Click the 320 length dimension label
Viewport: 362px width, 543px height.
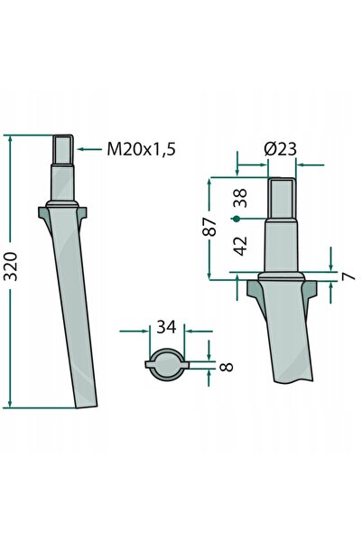tap(11, 266)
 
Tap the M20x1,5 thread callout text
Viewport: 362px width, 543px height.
tap(141, 149)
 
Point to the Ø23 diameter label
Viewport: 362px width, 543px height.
tap(281, 149)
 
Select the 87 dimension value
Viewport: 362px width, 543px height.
tap(209, 227)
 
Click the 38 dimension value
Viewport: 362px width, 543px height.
tap(240, 198)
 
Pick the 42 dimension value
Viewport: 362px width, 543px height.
tap(241, 246)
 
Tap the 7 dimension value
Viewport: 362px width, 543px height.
tap(348, 276)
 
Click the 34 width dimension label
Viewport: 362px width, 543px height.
tap(166, 326)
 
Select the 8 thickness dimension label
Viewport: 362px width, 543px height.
tap(227, 367)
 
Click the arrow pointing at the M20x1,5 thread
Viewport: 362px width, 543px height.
tap(89, 149)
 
